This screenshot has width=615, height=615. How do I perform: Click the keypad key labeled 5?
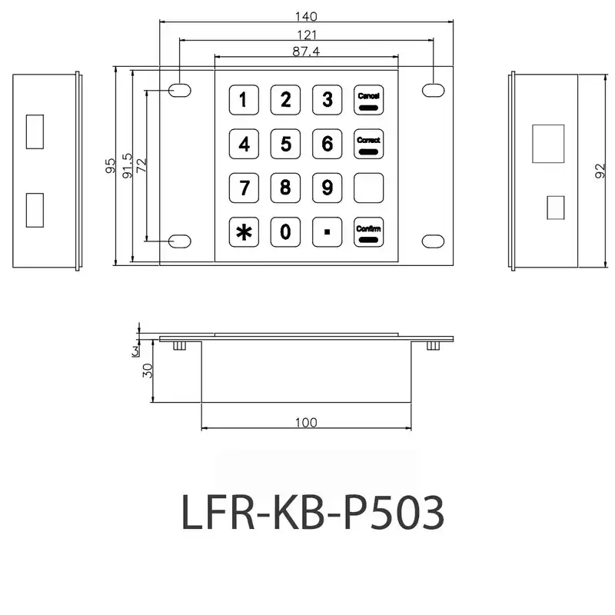285,144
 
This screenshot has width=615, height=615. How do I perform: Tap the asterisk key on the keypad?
244,232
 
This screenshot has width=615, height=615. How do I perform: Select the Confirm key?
368,232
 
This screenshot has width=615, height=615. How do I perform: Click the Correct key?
368,144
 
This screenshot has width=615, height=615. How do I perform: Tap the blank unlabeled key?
368,188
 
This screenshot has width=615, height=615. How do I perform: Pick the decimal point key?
327,232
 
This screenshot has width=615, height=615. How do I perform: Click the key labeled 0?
285,232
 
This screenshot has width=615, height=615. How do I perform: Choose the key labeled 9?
327,188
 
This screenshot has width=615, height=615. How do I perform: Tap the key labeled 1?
244,99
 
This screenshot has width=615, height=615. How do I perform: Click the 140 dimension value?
306,16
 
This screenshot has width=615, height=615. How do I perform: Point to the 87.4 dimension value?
306,51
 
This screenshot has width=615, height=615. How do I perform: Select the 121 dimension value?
306,34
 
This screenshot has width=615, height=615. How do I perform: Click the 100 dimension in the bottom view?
305,422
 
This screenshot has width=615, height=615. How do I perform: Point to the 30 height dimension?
148,370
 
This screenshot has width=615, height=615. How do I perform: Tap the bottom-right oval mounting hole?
433,241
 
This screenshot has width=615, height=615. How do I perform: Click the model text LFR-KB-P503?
312,511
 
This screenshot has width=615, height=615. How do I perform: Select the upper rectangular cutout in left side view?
35,131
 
